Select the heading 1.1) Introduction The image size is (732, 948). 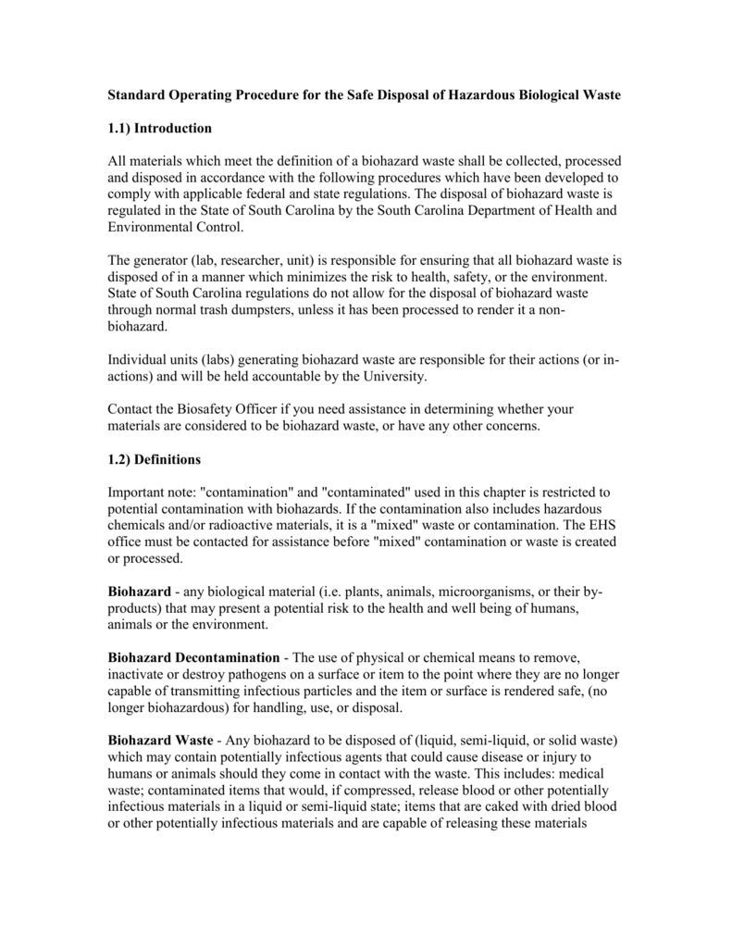tap(160, 127)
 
